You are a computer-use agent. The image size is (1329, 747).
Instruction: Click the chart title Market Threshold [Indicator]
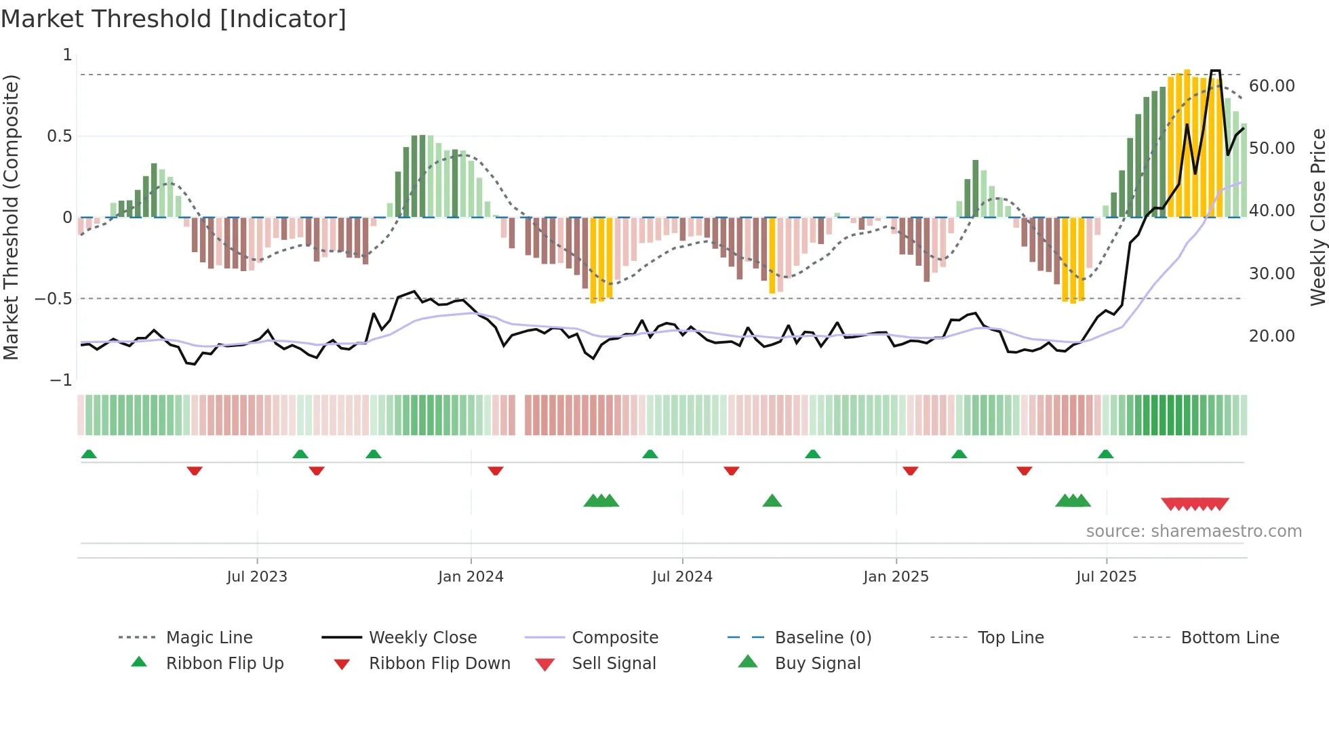(x=174, y=19)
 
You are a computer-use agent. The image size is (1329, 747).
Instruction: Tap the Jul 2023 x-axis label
(x=257, y=577)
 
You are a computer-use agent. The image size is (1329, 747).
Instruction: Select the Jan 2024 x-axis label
(x=471, y=577)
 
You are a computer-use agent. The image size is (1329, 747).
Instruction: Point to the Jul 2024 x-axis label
(x=682, y=577)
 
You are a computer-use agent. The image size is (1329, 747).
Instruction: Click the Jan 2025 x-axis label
(x=896, y=577)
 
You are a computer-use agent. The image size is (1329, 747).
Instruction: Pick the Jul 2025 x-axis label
(x=1106, y=577)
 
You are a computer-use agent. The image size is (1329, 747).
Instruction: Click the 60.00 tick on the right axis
(x=1271, y=86)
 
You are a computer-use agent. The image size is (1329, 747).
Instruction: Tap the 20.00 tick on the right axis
(x=1271, y=336)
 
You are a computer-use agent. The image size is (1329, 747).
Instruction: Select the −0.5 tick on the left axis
(x=54, y=299)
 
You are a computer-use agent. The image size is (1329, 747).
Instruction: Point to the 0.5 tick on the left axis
(x=59, y=136)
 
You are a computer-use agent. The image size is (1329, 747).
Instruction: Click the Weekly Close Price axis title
(x=1317, y=217)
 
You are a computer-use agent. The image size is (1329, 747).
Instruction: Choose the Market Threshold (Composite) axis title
(x=11, y=217)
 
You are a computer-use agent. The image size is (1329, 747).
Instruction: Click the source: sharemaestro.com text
(x=1193, y=531)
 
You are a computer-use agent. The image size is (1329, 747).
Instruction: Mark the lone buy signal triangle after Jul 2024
(x=772, y=501)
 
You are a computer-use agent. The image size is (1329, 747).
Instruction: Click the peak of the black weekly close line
(x=1215, y=71)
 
